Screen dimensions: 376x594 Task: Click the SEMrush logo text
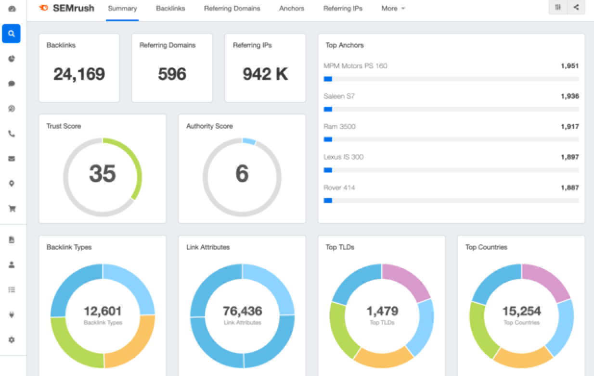[x=73, y=8]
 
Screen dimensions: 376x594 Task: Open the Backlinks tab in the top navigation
[x=170, y=8]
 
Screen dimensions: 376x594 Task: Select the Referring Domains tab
[x=232, y=8]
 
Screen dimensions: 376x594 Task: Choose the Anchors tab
[x=292, y=8]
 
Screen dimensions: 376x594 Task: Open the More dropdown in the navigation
[x=393, y=8]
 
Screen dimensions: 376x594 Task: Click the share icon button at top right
[x=576, y=7]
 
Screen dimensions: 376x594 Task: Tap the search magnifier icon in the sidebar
[x=12, y=34]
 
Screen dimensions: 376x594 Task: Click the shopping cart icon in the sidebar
[x=12, y=209]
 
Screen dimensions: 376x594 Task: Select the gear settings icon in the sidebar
[x=12, y=340]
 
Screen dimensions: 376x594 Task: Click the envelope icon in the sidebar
[x=12, y=158]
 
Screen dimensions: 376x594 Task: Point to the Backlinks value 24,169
[x=79, y=74]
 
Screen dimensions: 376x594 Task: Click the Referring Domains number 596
[x=172, y=74]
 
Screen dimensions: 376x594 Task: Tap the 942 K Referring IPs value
[x=265, y=74]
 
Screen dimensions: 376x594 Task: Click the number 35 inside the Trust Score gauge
[x=103, y=174]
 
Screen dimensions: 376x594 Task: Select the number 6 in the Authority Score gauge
[x=242, y=174]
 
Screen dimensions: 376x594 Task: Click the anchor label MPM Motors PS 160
[x=355, y=66]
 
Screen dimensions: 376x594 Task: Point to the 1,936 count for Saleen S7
[x=569, y=96]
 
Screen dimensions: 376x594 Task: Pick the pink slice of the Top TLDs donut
[x=409, y=281]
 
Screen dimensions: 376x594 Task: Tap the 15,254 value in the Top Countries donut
[x=521, y=311]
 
